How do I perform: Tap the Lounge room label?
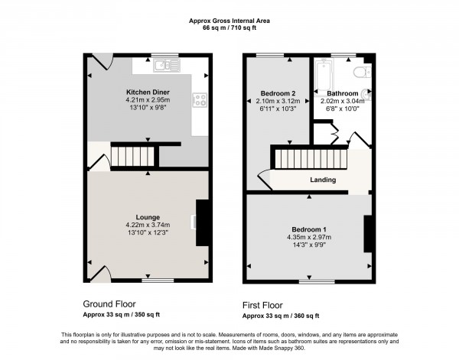[x=146, y=216]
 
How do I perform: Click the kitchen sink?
[x=164, y=66]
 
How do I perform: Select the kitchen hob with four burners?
[x=200, y=99]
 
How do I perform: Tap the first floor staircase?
[x=310, y=160]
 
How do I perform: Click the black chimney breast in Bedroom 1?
[x=368, y=233]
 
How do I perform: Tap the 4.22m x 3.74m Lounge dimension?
[x=146, y=225]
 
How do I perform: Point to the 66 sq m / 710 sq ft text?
[x=229, y=28]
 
